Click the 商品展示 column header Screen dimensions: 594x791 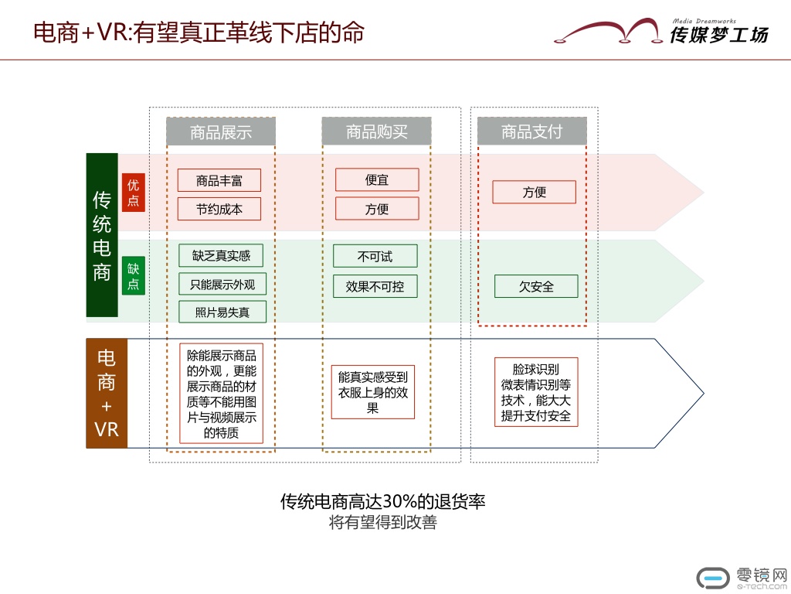221,131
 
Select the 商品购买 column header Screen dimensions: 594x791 376,131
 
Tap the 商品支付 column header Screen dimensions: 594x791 531,131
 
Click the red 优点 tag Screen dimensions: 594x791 134,192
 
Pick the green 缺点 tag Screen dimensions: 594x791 134,277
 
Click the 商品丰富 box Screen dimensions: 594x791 219,180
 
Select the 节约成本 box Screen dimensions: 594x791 219,209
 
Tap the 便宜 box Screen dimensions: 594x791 377,179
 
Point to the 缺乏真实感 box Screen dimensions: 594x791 221,255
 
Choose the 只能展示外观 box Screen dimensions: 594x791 222,284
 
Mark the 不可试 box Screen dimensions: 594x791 375,256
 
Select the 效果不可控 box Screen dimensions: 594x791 375,286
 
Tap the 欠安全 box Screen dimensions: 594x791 536,286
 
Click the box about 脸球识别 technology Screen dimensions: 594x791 535,392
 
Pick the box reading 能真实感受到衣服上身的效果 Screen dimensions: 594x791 373,392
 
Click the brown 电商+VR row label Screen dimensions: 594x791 106,393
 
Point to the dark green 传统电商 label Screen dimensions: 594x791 102,235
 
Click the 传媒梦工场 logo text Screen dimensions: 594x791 718,33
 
